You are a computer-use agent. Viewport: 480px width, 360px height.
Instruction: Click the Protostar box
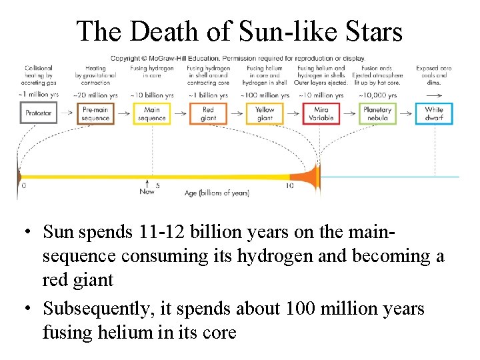pyautogui.click(x=38, y=113)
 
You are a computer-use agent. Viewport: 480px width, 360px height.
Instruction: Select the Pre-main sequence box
pyautogui.click(x=95, y=113)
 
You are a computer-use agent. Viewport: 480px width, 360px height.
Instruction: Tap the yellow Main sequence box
pyautogui.click(x=152, y=113)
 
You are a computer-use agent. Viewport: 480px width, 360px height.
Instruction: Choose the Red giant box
pyautogui.click(x=208, y=113)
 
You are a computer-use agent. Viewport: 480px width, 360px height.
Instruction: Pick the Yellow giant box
pyautogui.click(x=265, y=113)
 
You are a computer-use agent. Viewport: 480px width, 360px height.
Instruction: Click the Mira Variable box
pyautogui.click(x=321, y=113)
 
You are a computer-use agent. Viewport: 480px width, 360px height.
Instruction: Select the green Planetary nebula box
pyautogui.click(x=377, y=113)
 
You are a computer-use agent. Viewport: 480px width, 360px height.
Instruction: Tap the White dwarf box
pyautogui.click(x=434, y=113)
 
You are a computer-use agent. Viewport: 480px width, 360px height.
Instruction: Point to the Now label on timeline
pyautogui.click(x=147, y=192)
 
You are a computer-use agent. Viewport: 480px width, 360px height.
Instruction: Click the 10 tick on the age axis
pyautogui.click(x=289, y=186)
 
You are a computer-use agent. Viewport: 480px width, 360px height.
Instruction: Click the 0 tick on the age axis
pyautogui.click(x=24, y=186)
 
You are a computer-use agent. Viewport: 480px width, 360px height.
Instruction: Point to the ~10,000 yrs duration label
pyautogui.click(x=377, y=95)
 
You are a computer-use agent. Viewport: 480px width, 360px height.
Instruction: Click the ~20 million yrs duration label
pyautogui.click(x=95, y=95)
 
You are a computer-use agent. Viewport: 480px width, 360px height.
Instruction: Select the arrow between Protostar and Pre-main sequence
pyautogui.click(x=67, y=113)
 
